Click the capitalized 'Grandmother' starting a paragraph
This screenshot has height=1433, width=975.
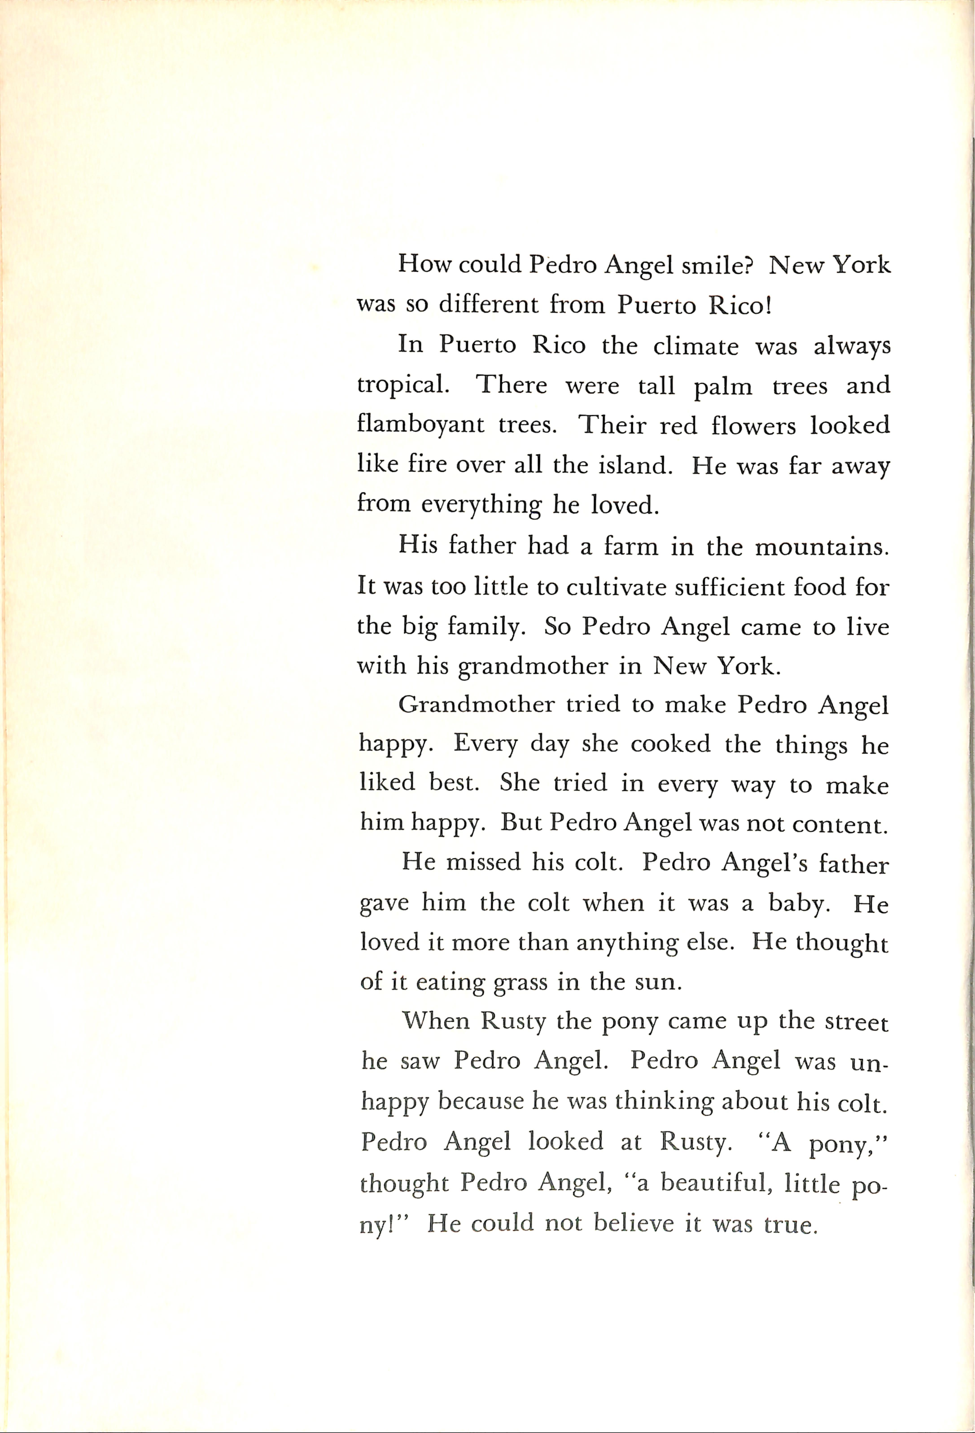(x=476, y=704)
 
